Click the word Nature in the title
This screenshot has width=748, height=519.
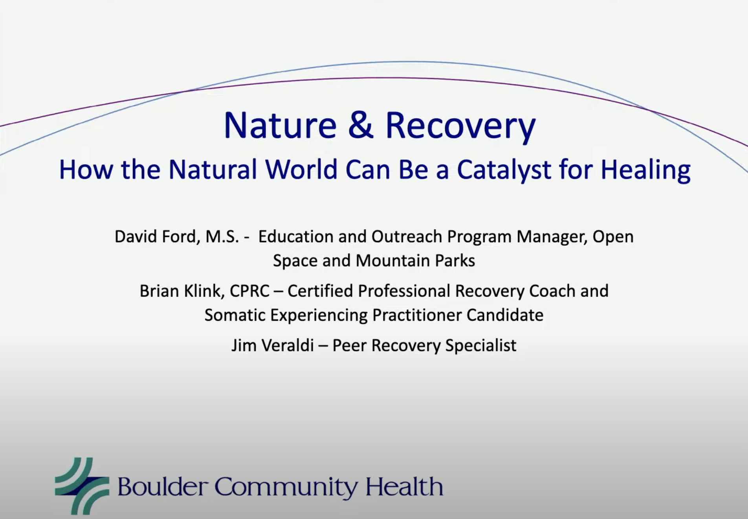[x=280, y=125]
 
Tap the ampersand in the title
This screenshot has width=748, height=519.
[x=361, y=125]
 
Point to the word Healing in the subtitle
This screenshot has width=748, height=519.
[x=645, y=170]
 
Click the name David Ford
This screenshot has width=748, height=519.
[x=155, y=236]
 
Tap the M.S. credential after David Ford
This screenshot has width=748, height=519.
[x=222, y=236]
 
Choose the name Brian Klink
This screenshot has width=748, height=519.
[x=182, y=291]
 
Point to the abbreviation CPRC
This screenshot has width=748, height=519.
[x=249, y=291]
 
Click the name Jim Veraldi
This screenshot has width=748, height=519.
[x=272, y=345]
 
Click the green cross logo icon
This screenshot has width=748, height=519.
[x=82, y=486]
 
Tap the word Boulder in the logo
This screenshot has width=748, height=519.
[x=162, y=487]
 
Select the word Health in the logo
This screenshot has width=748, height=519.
[x=404, y=487]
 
